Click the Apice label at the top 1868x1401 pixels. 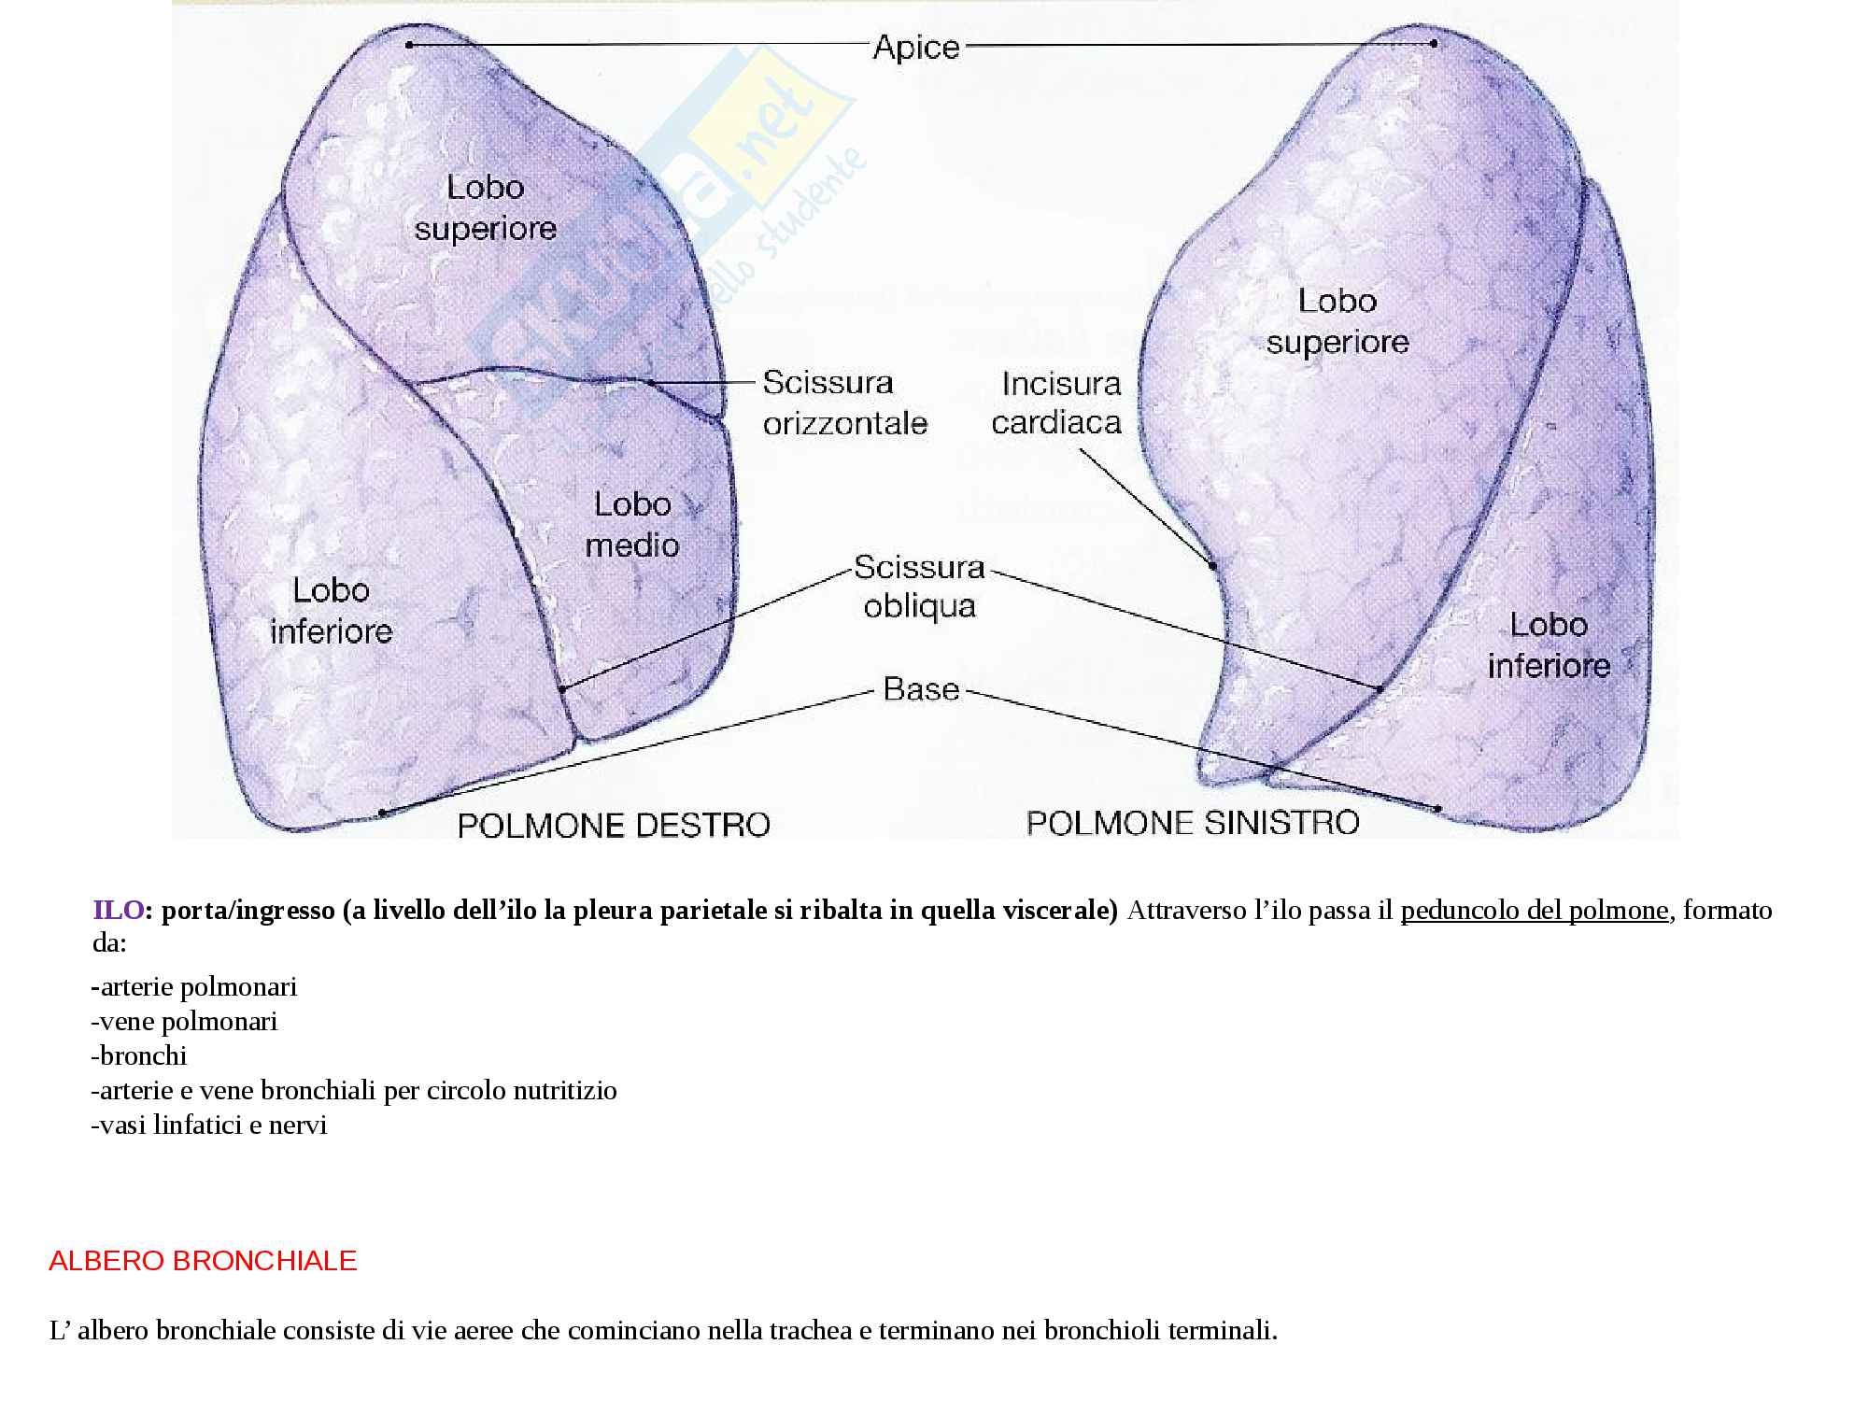pos(915,47)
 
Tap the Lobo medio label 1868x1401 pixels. pos(632,525)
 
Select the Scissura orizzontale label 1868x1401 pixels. pos(844,403)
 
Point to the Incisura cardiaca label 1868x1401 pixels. pos(1056,403)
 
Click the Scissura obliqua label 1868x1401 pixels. pos(919,587)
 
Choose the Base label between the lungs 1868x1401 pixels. pos(921,689)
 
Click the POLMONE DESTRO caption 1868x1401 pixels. pos(614,825)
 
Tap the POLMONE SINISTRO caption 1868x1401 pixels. pos(1193,823)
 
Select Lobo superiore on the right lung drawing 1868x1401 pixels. pos(1337,321)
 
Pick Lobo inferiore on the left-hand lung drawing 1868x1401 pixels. pos(331,611)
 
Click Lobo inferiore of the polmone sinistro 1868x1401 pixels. pos(1549,645)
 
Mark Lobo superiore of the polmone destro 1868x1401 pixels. pos(485,207)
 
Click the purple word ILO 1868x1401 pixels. pos(118,910)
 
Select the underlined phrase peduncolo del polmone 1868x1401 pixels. pos(1534,910)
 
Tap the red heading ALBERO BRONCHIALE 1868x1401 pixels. pos(203,1261)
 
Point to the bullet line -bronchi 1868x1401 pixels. pos(139,1055)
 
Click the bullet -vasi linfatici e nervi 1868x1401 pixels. pos(209,1125)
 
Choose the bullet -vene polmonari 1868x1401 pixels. pos(185,1021)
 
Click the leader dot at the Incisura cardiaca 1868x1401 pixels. pos(1212,565)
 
